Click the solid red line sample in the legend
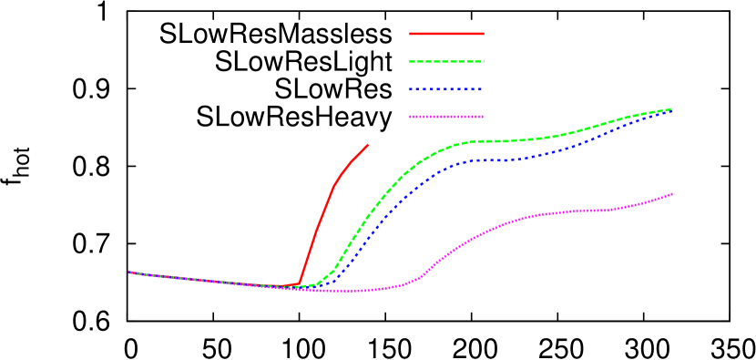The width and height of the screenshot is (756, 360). pos(446,34)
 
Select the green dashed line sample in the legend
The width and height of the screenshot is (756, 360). pos(446,62)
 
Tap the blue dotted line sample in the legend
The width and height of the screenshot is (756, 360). pos(446,89)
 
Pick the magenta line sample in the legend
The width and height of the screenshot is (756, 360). pos(446,117)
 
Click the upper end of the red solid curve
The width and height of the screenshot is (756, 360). pos(368,144)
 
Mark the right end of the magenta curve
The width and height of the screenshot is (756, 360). pos(672,193)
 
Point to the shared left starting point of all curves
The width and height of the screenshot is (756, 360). pos(130,272)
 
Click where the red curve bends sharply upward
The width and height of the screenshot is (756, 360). pos(300,283)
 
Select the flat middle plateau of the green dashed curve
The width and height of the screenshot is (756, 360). pos(496,141)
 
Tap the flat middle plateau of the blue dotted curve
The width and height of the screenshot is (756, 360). pos(496,160)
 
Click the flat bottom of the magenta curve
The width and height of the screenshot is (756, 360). pos(346,291)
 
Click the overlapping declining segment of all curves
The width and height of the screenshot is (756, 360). pos(209,281)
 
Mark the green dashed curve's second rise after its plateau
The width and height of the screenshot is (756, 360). pos(592,127)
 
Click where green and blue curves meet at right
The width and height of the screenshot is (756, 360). pos(670,109)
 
